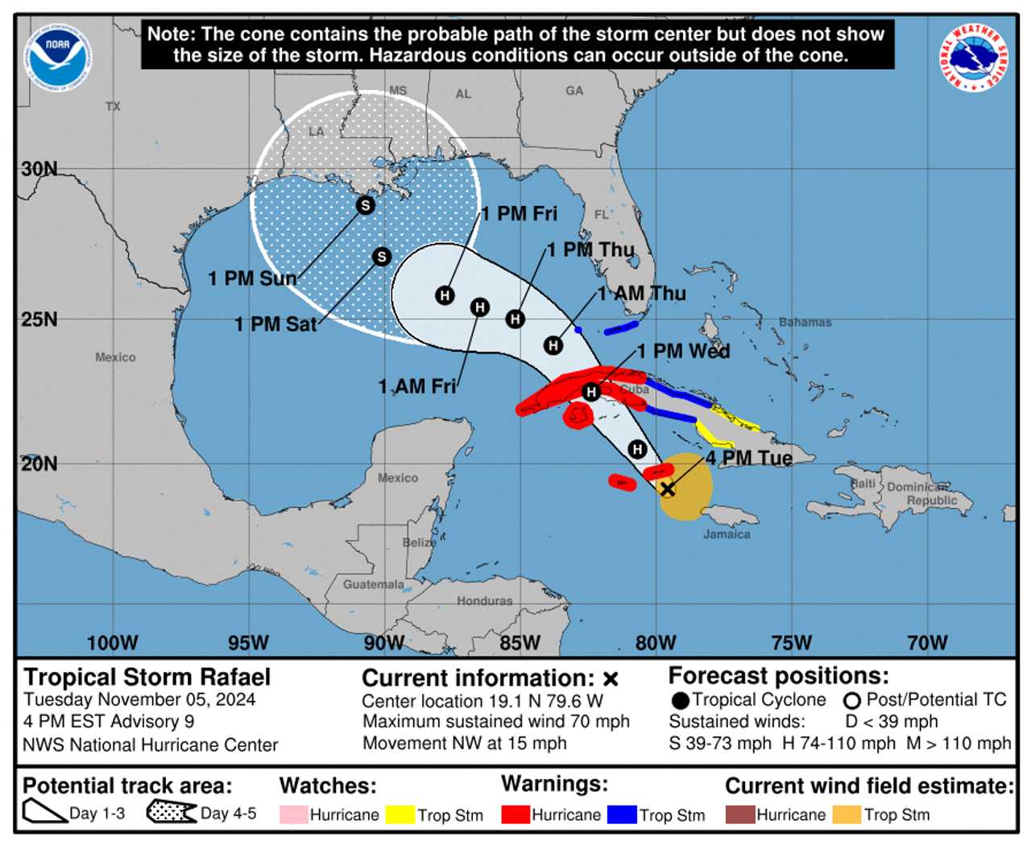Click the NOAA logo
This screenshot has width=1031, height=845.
[x=58, y=57]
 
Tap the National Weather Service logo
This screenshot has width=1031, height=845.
[x=972, y=57]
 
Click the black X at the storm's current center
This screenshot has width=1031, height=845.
[x=667, y=488]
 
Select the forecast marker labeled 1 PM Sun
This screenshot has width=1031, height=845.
[x=365, y=205]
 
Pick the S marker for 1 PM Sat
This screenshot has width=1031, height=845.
[x=382, y=257]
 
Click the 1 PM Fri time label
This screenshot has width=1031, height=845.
[x=519, y=214]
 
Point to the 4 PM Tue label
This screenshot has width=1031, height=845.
[x=749, y=458]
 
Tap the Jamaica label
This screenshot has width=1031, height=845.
[x=727, y=534]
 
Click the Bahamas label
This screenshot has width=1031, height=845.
[x=805, y=322]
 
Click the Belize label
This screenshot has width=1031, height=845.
[x=419, y=542]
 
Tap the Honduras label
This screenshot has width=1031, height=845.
[x=484, y=600]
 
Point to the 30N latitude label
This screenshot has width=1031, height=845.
[x=39, y=169]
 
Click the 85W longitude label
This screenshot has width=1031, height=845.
[x=520, y=643]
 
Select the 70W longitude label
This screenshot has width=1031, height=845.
[x=927, y=643]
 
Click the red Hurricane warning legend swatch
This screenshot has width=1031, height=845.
[x=515, y=814]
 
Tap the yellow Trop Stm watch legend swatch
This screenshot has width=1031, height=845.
[x=400, y=814]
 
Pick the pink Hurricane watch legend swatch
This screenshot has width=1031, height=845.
[x=293, y=814]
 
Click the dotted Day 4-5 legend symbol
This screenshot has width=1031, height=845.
[x=172, y=813]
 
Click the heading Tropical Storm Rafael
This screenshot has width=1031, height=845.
[x=147, y=678]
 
